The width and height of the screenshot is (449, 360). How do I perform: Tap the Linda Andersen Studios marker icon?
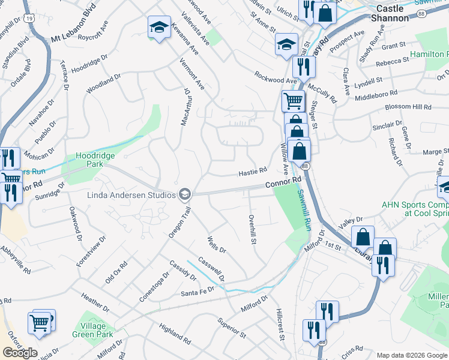[x=185, y=194]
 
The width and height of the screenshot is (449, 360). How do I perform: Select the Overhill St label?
[x=253, y=229]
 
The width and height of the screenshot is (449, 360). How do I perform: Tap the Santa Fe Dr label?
[x=197, y=292]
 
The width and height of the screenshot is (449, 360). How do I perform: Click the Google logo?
[x=20, y=353]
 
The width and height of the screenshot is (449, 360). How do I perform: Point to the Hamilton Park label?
[x=430, y=55]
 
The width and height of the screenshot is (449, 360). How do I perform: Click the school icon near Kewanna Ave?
[x=159, y=27]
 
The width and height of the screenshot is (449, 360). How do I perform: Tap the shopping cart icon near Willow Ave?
[x=293, y=100]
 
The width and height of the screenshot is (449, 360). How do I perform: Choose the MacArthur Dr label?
[x=186, y=107]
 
